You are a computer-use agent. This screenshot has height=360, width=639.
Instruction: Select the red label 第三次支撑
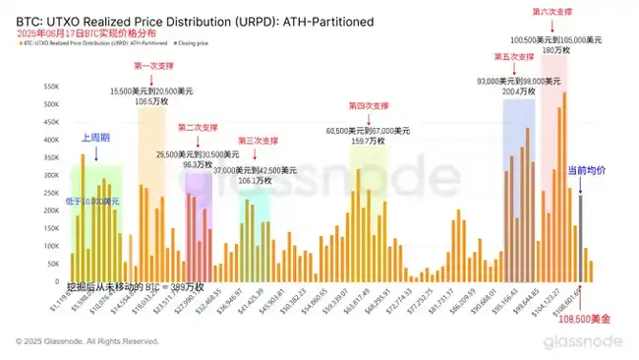(x=260, y=141)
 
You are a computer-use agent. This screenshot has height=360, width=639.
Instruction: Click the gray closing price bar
(x=581, y=236)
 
